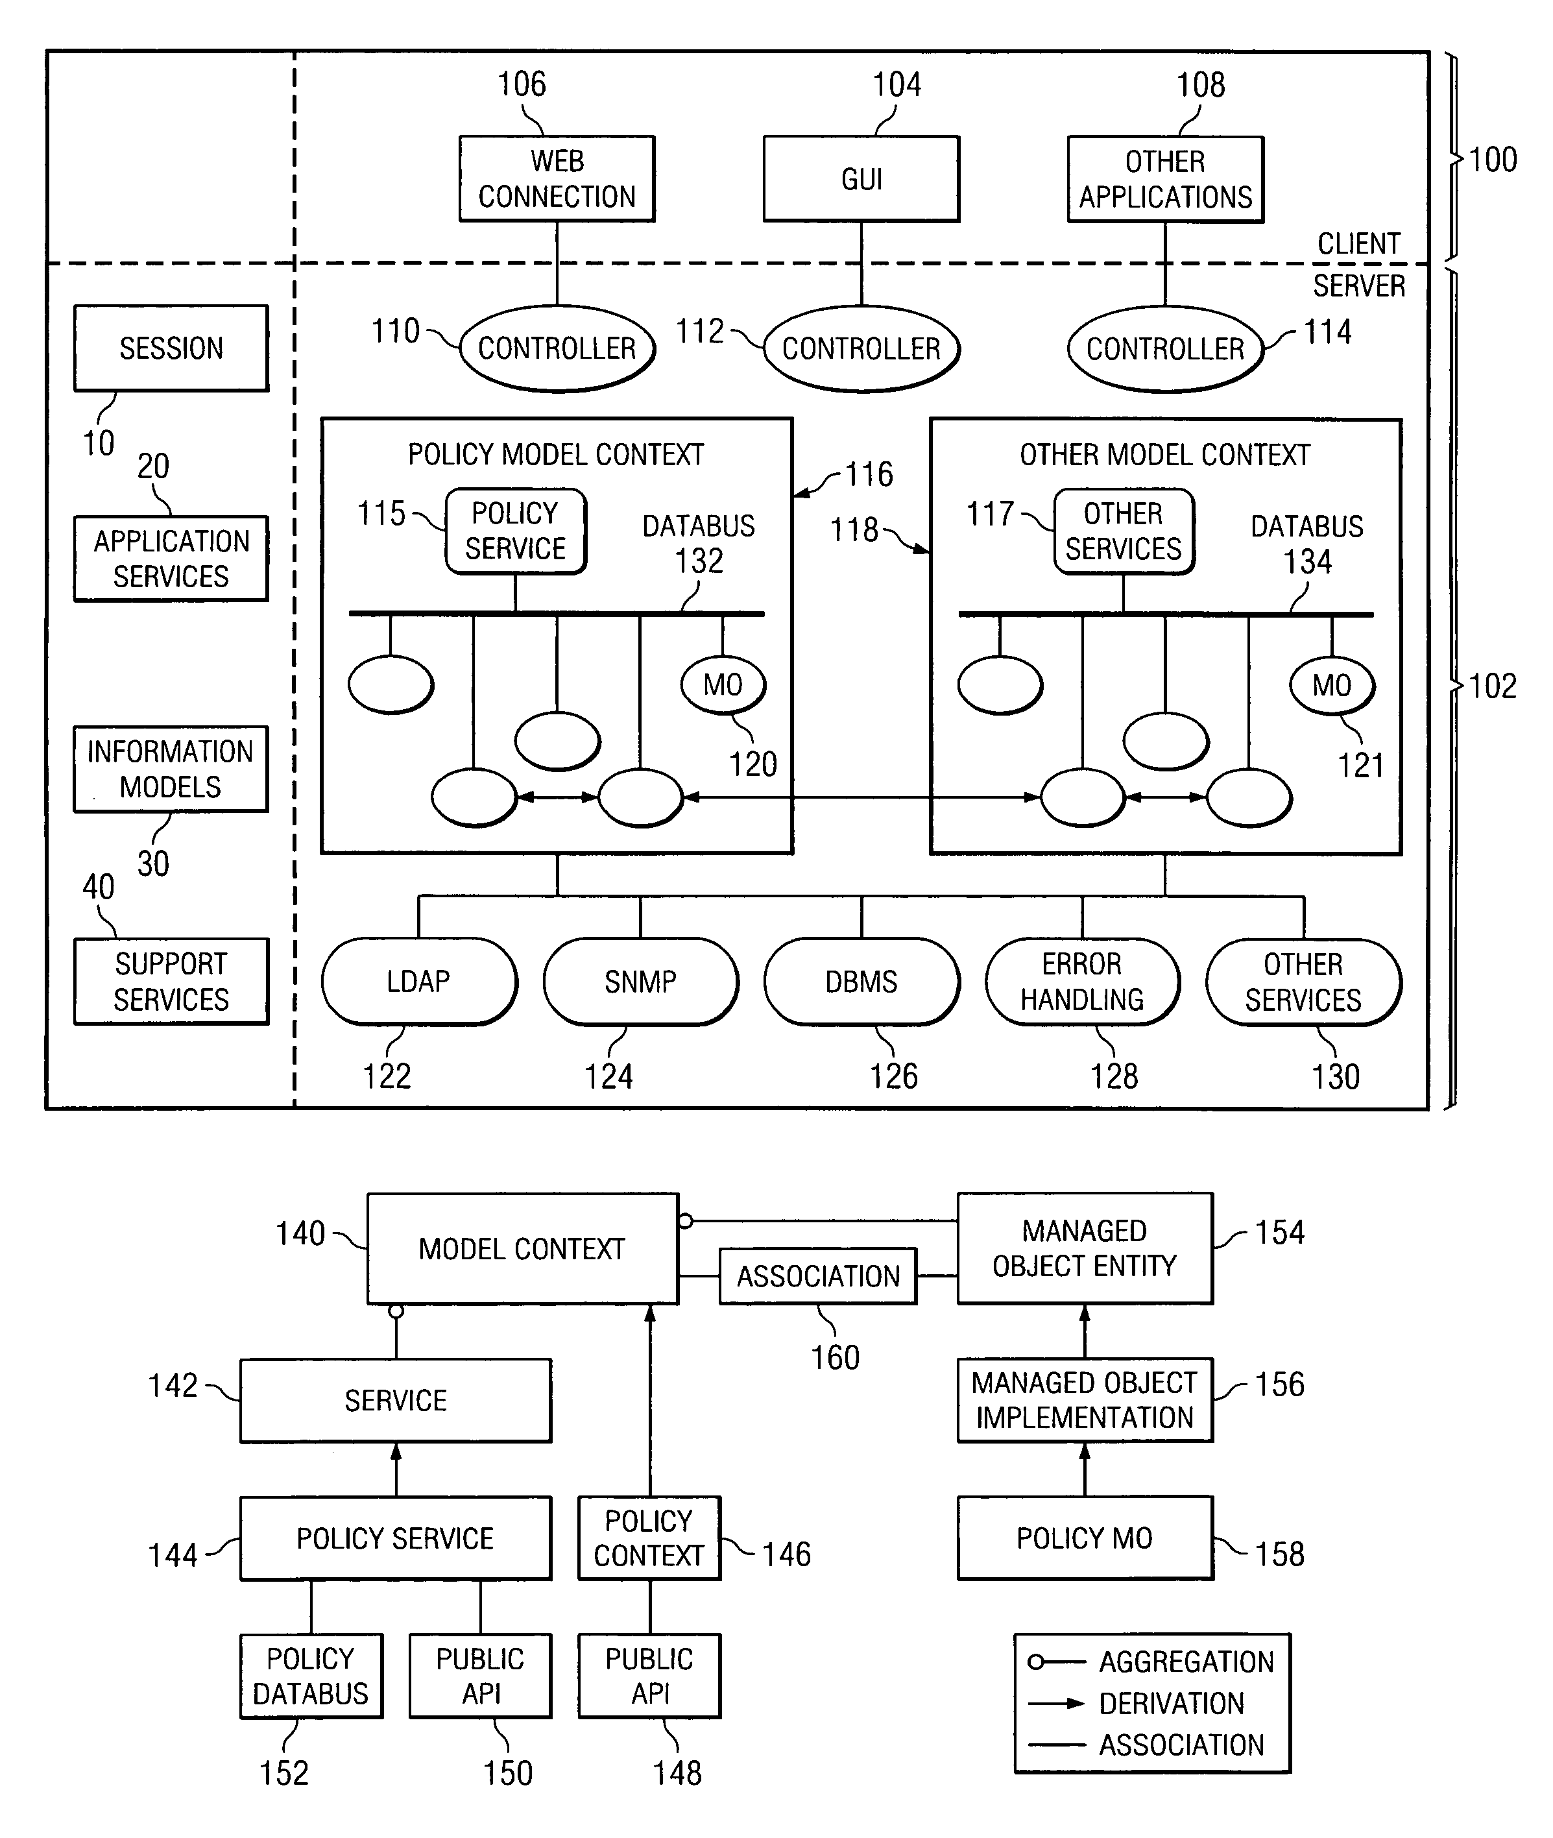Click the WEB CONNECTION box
(557, 178)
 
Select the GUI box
(861, 178)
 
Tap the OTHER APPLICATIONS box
(1166, 178)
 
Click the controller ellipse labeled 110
(557, 348)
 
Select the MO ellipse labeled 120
(723, 685)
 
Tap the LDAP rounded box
(419, 982)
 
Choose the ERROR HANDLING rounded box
(1083, 982)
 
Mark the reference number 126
(894, 1076)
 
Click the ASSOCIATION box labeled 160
(818, 1276)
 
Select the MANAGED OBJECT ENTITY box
(1085, 1248)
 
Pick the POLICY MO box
(1085, 1538)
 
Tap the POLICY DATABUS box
(311, 1676)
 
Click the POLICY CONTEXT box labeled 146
(649, 1538)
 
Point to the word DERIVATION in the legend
(1172, 1703)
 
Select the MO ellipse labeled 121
(1332, 686)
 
